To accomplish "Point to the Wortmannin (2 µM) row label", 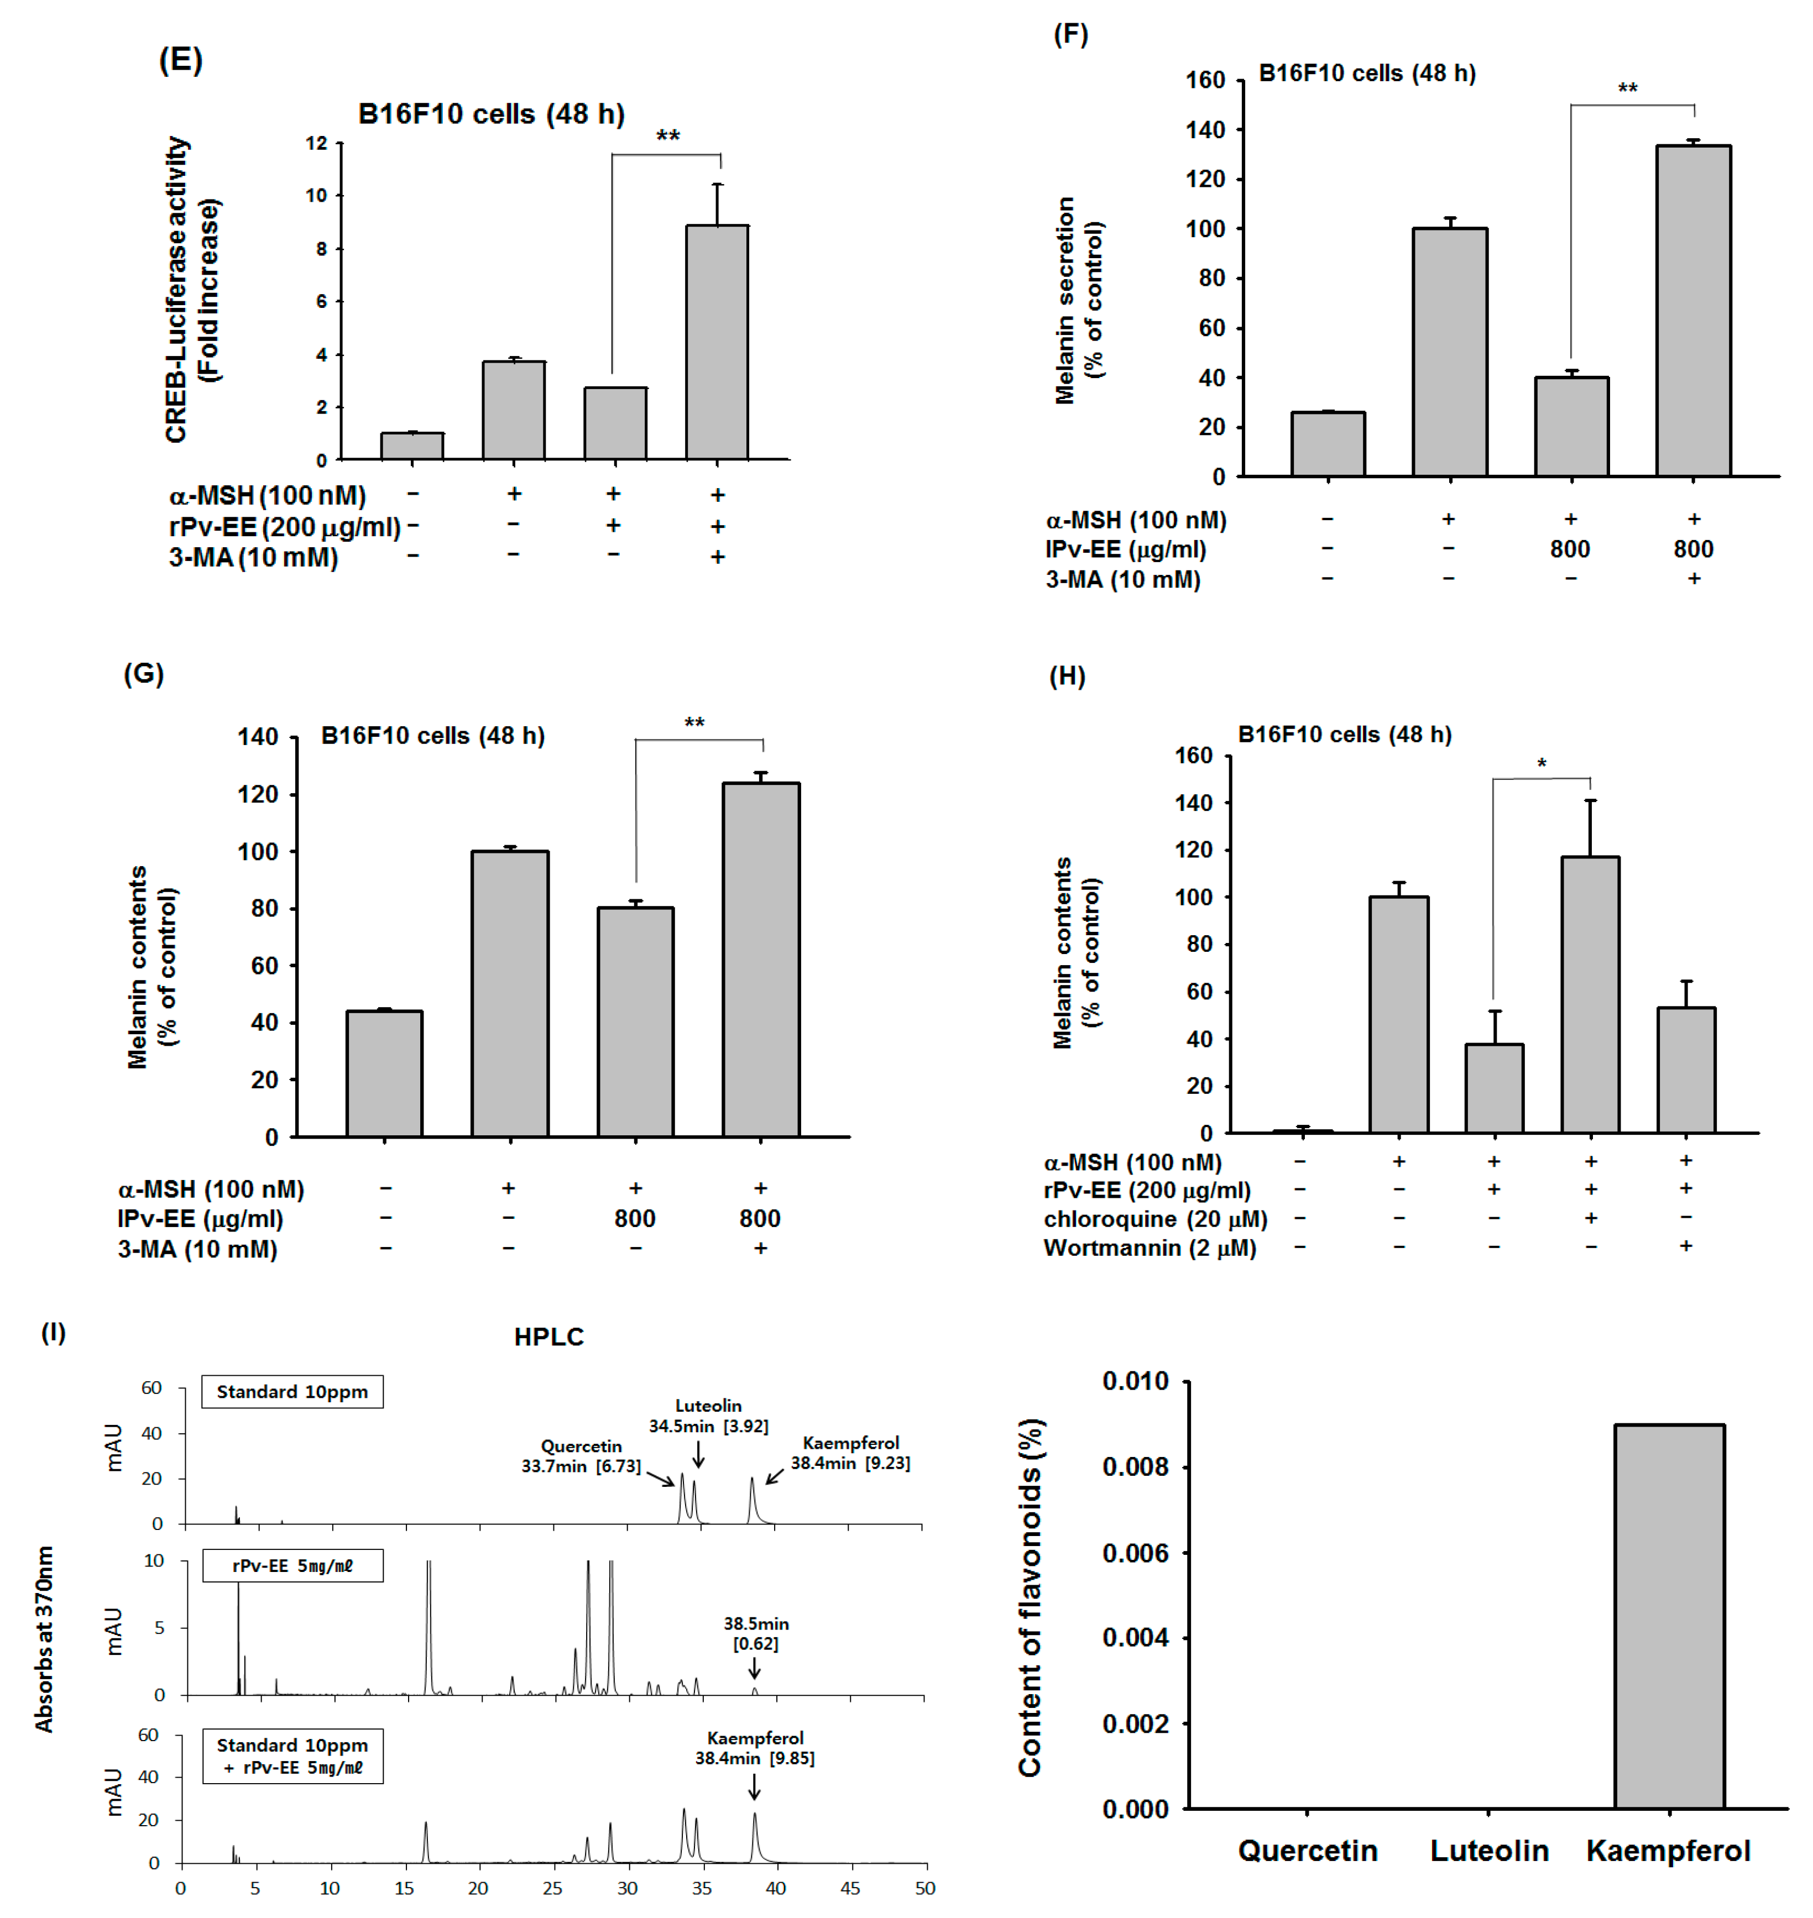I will [x=1149, y=1248].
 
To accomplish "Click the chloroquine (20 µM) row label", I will [x=1155, y=1218].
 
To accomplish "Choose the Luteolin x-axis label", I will [x=1488, y=1851].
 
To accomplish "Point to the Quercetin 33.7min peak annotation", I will [x=581, y=1455].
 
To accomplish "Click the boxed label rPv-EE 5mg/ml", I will [x=292, y=1565].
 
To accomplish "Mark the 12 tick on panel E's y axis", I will [x=316, y=143].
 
